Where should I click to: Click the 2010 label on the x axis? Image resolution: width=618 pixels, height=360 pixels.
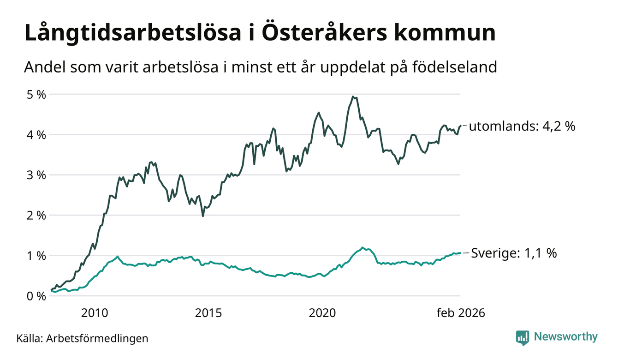pos(95,313)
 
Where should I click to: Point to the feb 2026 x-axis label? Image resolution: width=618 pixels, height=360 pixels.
pos(461,313)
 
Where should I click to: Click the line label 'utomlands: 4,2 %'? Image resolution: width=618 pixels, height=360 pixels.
pos(522,126)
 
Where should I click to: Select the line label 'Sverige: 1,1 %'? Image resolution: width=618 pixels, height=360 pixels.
pos(514,253)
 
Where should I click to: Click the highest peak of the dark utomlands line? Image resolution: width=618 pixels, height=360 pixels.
pos(353,96)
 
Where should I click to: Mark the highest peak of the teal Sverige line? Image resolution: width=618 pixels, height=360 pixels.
pos(363,247)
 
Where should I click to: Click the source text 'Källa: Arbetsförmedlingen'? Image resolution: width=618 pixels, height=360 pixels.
pos(82,338)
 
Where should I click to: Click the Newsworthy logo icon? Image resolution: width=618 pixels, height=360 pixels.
pos(522,337)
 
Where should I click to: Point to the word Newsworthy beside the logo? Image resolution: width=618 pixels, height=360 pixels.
pos(565,337)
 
